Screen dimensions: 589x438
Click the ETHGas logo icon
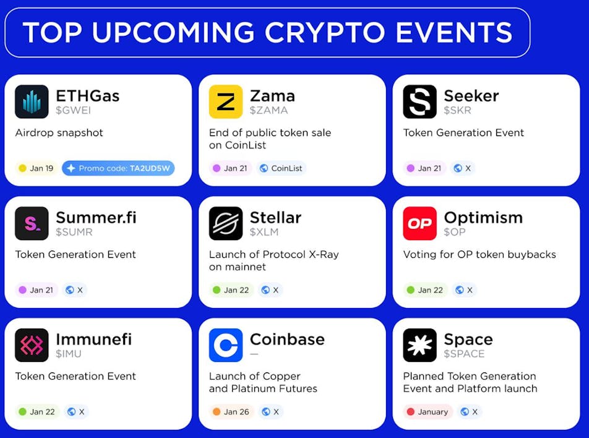(32, 102)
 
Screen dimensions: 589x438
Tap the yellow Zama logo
(226, 102)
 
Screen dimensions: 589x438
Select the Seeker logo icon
(420, 102)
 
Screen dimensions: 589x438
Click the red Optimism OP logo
(420, 223)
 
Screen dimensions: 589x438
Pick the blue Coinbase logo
(226, 345)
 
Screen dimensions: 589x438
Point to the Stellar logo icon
(226, 223)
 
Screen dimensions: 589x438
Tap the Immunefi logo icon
(32, 345)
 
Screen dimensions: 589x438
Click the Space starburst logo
(420, 345)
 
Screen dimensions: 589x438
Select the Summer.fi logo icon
(32, 223)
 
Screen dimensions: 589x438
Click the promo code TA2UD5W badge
(118, 168)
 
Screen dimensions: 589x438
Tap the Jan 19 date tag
(36, 168)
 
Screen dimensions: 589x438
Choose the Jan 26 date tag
(231, 411)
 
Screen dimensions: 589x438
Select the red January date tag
(428, 411)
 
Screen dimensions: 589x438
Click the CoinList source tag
(282, 168)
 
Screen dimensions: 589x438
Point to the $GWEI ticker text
(73, 111)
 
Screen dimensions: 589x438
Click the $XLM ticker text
(264, 232)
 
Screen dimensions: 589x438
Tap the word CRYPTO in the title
(325, 32)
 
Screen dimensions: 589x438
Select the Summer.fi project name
(96, 218)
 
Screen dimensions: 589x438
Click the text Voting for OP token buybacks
(479, 254)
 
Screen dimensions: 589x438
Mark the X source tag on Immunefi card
(76, 411)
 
